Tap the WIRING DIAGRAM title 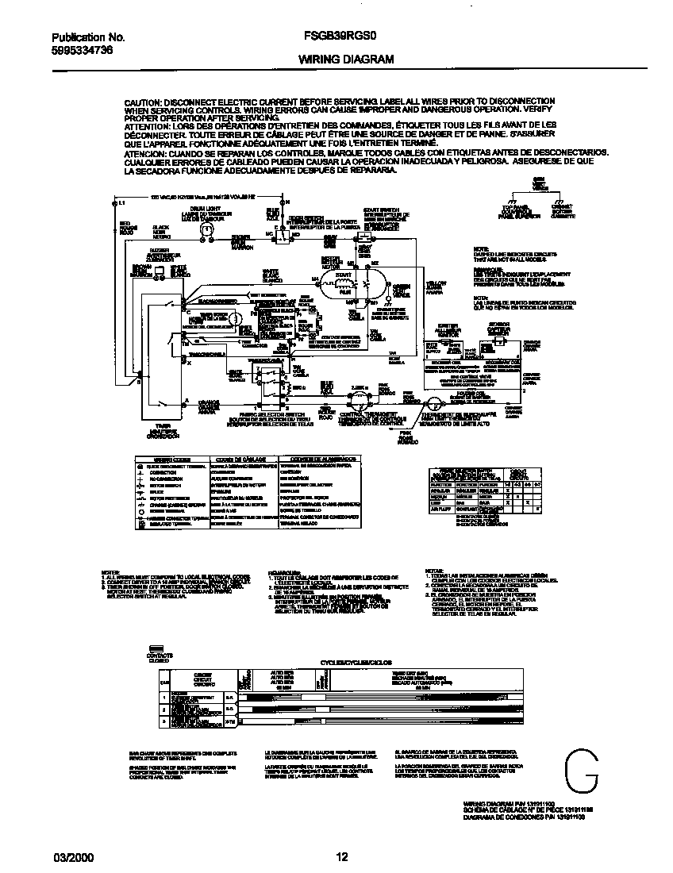(x=346, y=60)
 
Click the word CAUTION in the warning (x=144, y=103)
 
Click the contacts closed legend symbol (x=156, y=647)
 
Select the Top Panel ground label (x=516, y=210)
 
